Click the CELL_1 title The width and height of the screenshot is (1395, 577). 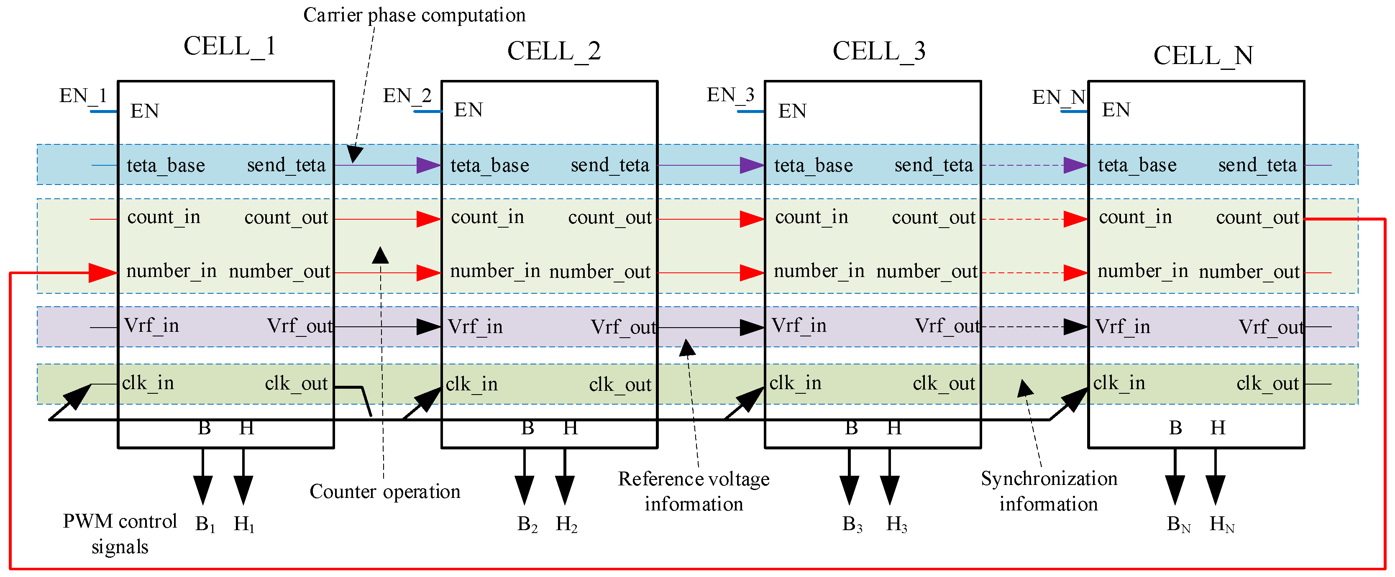pos(230,46)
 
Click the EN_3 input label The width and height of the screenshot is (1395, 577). pos(730,95)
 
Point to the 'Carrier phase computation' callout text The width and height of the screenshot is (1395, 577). pos(414,15)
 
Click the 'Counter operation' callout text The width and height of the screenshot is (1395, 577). pos(384,491)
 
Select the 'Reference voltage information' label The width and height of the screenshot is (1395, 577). pos(693,491)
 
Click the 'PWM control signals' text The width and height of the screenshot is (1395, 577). pos(120,533)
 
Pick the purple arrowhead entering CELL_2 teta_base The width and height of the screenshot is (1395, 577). pos(429,165)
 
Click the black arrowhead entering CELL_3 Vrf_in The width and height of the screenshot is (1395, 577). pos(752,327)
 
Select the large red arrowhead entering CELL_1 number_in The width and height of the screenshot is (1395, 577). pos(103,272)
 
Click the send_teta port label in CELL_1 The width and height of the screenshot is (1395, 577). pos(286,165)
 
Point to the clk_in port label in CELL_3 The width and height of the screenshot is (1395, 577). pos(795,383)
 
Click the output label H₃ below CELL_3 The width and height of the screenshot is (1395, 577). pos(896,524)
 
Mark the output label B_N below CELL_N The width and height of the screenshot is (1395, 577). pos(1178,524)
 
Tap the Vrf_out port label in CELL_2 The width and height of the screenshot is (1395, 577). pos(623,327)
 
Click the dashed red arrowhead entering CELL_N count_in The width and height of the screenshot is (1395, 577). pos(1075,219)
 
